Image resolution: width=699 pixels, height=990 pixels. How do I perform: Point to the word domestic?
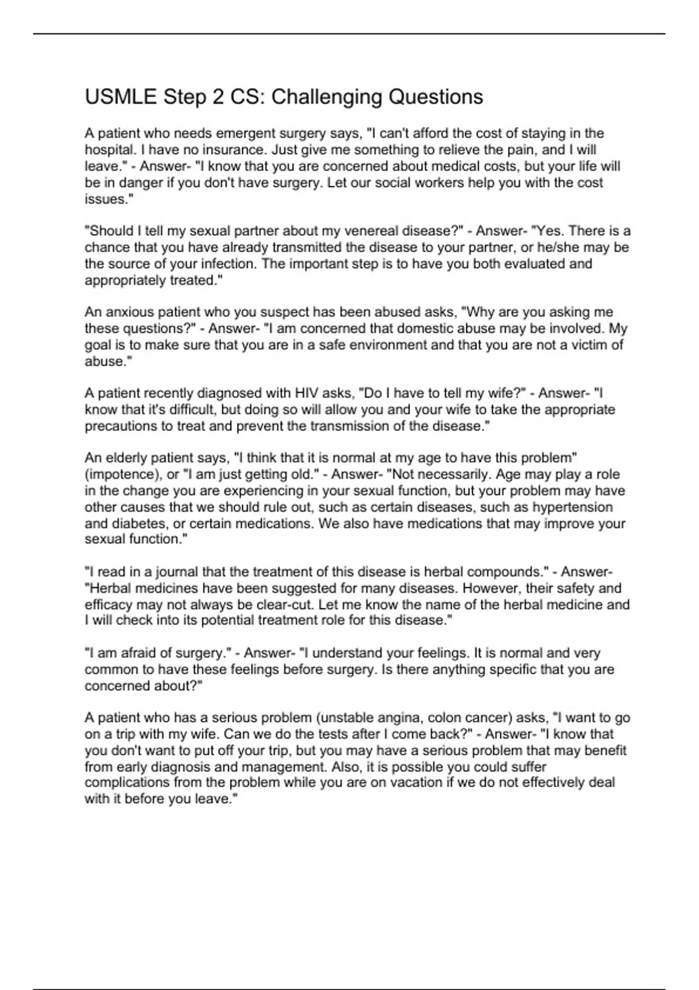pyautogui.click(x=441, y=328)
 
